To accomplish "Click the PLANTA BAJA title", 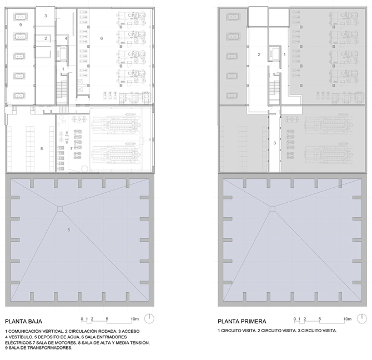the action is pyautogui.click(x=23, y=321).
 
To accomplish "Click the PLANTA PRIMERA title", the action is pyautogui.click(x=242, y=321).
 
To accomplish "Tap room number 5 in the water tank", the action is pyautogui.click(x=68, y=229).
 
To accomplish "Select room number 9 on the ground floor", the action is pyautogui.click(x=21, y=24).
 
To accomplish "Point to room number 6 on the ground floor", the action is pyautogui.click(x=102, y=38).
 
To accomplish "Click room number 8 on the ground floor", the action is pyautogui.click(x=42, y=148).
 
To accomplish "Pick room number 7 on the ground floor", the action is pyautogui.click(x=71, y=148).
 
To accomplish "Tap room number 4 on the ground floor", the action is pyautogui.click(x=66, y=38).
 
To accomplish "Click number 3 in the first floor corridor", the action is pyautogui.click(x=275, y=143).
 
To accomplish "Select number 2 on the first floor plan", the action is pyautogui.click(x=259, y=54).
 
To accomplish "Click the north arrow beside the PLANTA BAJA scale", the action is pyautogui.click(x=149, y=318).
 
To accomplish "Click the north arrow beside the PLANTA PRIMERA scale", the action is pyautogui.click(x=362, y=318).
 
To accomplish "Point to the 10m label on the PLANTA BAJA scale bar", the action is pyautogui.click(x=135, y=319).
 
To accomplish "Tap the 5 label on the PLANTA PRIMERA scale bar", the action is pyautogui.click(x=320, y=319).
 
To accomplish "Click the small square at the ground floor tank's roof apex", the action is pyautogui.click(x=60, y=208).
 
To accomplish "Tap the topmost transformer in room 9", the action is pyautogui.click(x=21, y=17).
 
